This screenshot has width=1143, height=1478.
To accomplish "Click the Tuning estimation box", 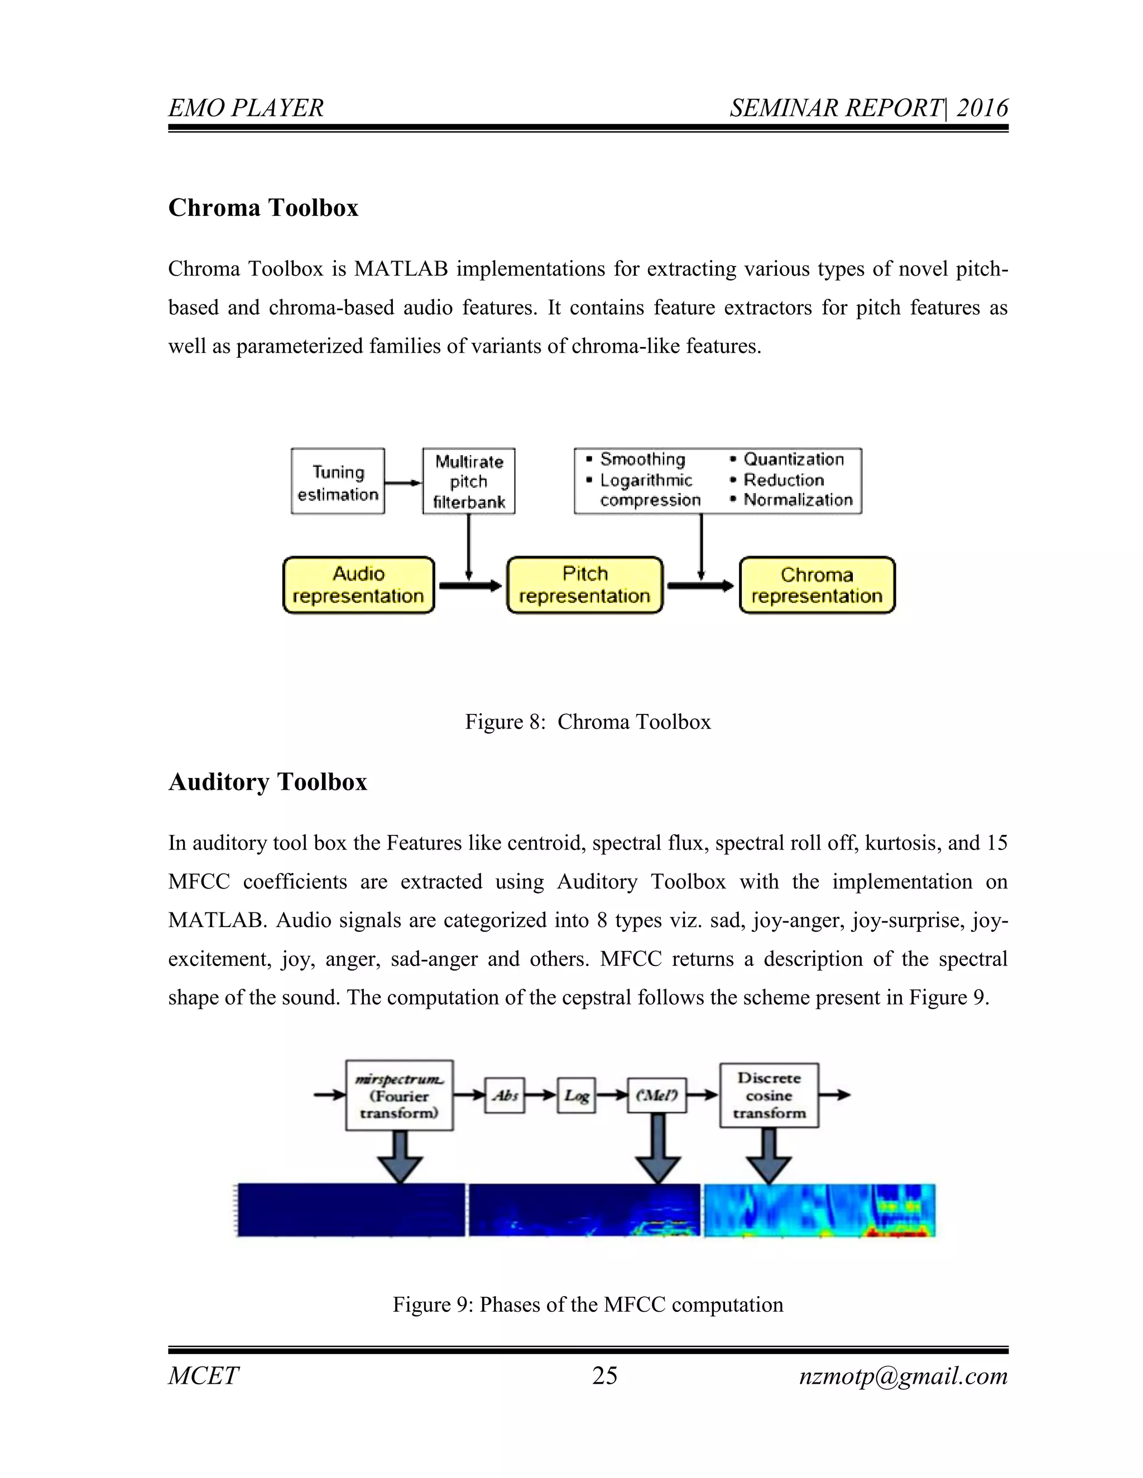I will tap(338, 482).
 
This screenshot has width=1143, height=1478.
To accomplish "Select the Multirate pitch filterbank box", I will tap(469, 481).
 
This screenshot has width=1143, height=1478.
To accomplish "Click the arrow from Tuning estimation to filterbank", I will tap(404, 482).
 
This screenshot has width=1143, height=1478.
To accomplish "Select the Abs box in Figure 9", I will tap(505, 1095).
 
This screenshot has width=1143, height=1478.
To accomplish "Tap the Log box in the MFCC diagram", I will tap(576, 1095).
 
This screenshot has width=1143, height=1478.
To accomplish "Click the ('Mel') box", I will tap(657, 1095).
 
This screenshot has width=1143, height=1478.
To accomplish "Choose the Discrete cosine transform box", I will tap(769, 1095).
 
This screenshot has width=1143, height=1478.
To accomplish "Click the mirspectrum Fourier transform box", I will tap(399, 1095).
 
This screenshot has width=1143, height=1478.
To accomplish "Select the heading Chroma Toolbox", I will tap(263, 208).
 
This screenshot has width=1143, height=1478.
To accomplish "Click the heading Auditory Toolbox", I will tap(267, 781).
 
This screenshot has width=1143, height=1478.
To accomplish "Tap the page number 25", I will tap(604, 1376).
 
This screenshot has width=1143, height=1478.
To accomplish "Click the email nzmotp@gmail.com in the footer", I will tap(904, 1376).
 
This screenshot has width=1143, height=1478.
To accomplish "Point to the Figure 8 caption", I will tap(588, 722).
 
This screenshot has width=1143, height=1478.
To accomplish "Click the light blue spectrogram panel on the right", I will tap(819, 1210).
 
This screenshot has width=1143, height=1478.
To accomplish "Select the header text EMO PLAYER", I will tap(246, 108).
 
